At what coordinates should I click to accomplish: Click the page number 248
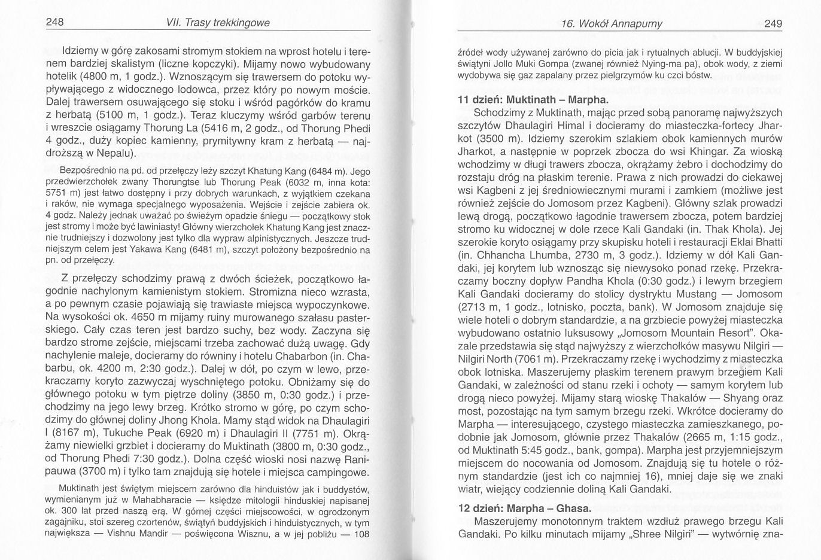[x=55, y=23]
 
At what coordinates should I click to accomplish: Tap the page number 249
[x=773, y=24]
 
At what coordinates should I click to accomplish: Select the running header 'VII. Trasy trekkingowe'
[x=220, y=23]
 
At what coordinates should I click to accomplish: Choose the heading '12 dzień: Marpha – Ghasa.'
[x=524, y=509]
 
